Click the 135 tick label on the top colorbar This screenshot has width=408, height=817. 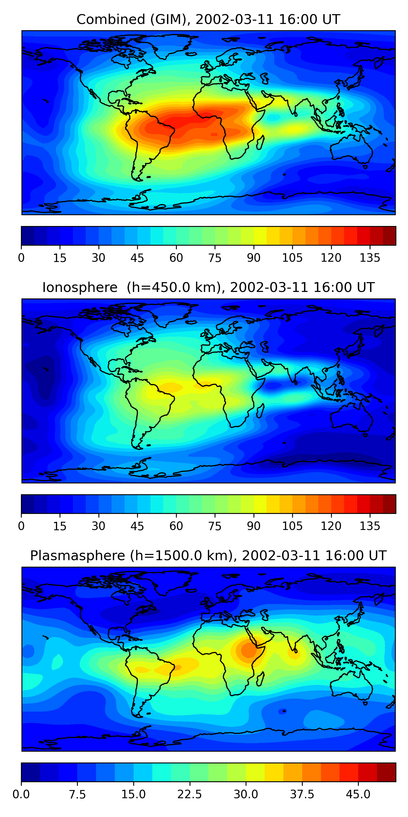[x=370, y=258]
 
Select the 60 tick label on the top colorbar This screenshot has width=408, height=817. [x=176, y=258]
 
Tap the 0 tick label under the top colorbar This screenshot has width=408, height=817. [x=21, y=258]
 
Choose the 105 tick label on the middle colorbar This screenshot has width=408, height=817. [x=292, y=526]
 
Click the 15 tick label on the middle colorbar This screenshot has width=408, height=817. [x=60, y=526]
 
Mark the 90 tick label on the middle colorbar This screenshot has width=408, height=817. [x=254, y=526]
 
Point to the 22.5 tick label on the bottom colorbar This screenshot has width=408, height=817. [x=189, y=794]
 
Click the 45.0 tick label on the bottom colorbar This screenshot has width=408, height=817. [x=358, y=794]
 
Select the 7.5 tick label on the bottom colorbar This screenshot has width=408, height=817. [x=77, y=794]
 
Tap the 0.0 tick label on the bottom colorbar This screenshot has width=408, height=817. [x=21, y=794]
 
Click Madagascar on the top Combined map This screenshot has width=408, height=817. [x=260, y=142]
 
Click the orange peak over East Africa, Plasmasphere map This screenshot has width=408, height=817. [x=249, y=649]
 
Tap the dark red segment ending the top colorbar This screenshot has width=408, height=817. [x=389, y=236]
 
